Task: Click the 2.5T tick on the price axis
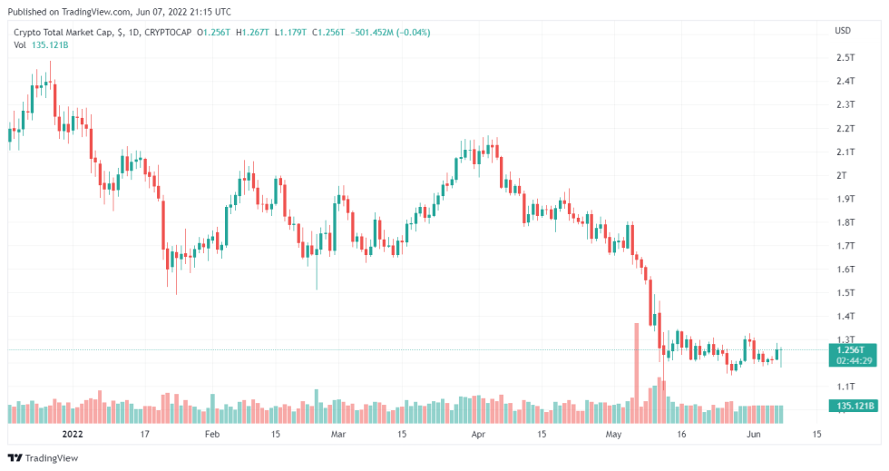click(x=845, y=58)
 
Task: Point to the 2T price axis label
click(x=842, y=175)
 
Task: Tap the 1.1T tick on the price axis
click(x=845, y=387)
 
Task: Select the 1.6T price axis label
click(x=845, y=270)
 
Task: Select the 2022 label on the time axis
click(x=73, y=434)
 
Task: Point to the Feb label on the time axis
click(x=211, y=434)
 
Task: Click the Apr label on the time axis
click(x=478, y=434)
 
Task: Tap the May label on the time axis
click(x=615, y=434)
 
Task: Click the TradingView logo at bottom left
click(x=43, y=458)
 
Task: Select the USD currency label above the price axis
click(x=843, y=32)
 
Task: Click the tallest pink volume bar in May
click(x=636, y=373)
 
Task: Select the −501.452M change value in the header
click(x=374, y=33)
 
